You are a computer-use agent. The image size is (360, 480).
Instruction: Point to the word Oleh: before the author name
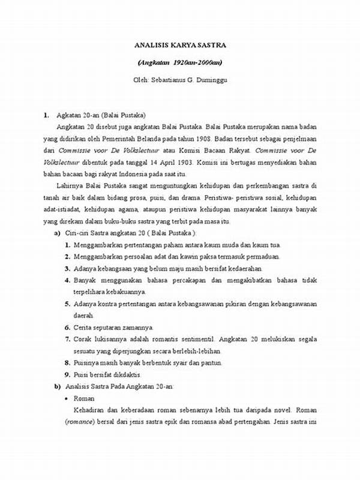(142, 79)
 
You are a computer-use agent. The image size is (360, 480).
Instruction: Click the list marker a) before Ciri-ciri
(58, 233)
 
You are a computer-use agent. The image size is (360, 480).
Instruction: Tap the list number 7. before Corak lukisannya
(68, 339)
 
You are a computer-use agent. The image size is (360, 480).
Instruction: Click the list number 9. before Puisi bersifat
(68, 374)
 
